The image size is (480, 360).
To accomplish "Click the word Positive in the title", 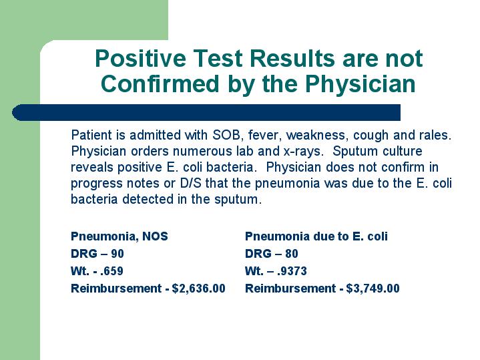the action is [140, 59].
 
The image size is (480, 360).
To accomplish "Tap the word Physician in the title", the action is [361, 83].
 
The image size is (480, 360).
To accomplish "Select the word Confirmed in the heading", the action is [160, 83].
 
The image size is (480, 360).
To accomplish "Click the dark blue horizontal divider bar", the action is [206, 112].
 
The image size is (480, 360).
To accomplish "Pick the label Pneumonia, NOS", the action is [119, 236].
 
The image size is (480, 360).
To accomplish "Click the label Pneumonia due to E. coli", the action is [316, 236].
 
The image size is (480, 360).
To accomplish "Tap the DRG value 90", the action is [117, 254].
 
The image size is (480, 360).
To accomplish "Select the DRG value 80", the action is [292, 254].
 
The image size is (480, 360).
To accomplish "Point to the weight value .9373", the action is [292, 271].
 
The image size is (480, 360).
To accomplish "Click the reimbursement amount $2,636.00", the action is [199, 289].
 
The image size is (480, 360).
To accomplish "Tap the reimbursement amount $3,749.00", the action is [373, 289].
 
